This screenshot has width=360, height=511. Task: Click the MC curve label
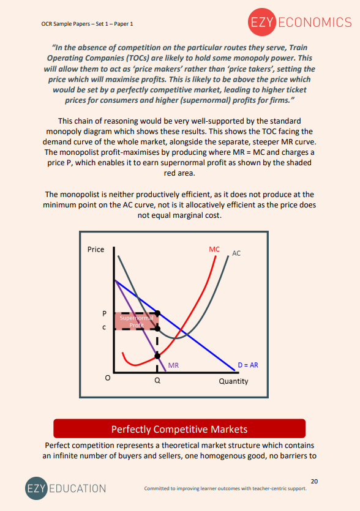[214, 249]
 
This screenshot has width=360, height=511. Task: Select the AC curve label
[236, 253]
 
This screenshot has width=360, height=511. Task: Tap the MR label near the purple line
[173, 365]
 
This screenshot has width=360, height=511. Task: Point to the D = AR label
[248, 365]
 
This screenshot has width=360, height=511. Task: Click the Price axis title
[96, 249]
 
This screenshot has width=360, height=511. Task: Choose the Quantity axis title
[233, 381]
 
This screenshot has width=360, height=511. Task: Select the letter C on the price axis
[104, 328]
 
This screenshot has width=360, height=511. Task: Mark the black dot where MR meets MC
[157, 355]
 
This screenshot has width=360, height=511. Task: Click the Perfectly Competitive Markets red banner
[179, 428]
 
